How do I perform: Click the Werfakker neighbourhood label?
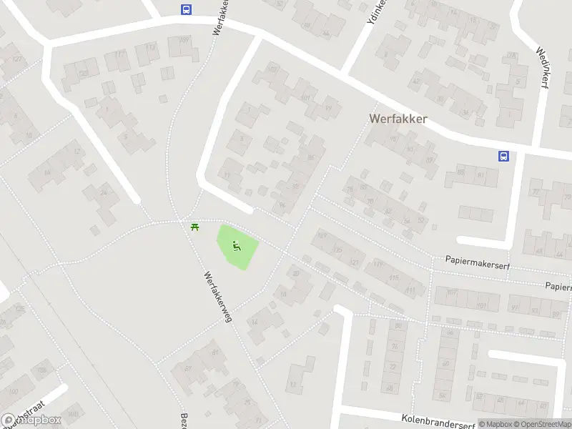tap(398, 119)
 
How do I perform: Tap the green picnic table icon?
tap(194, 227)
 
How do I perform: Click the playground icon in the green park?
tap(236, 247)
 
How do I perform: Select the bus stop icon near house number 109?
tap(186, 10)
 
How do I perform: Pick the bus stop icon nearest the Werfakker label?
tap(503, 156)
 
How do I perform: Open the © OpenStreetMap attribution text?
tap(541, 424)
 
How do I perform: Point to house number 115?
tap(393, 278)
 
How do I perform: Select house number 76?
tap(395, 347)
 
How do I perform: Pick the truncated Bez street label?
tap(184, 420)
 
